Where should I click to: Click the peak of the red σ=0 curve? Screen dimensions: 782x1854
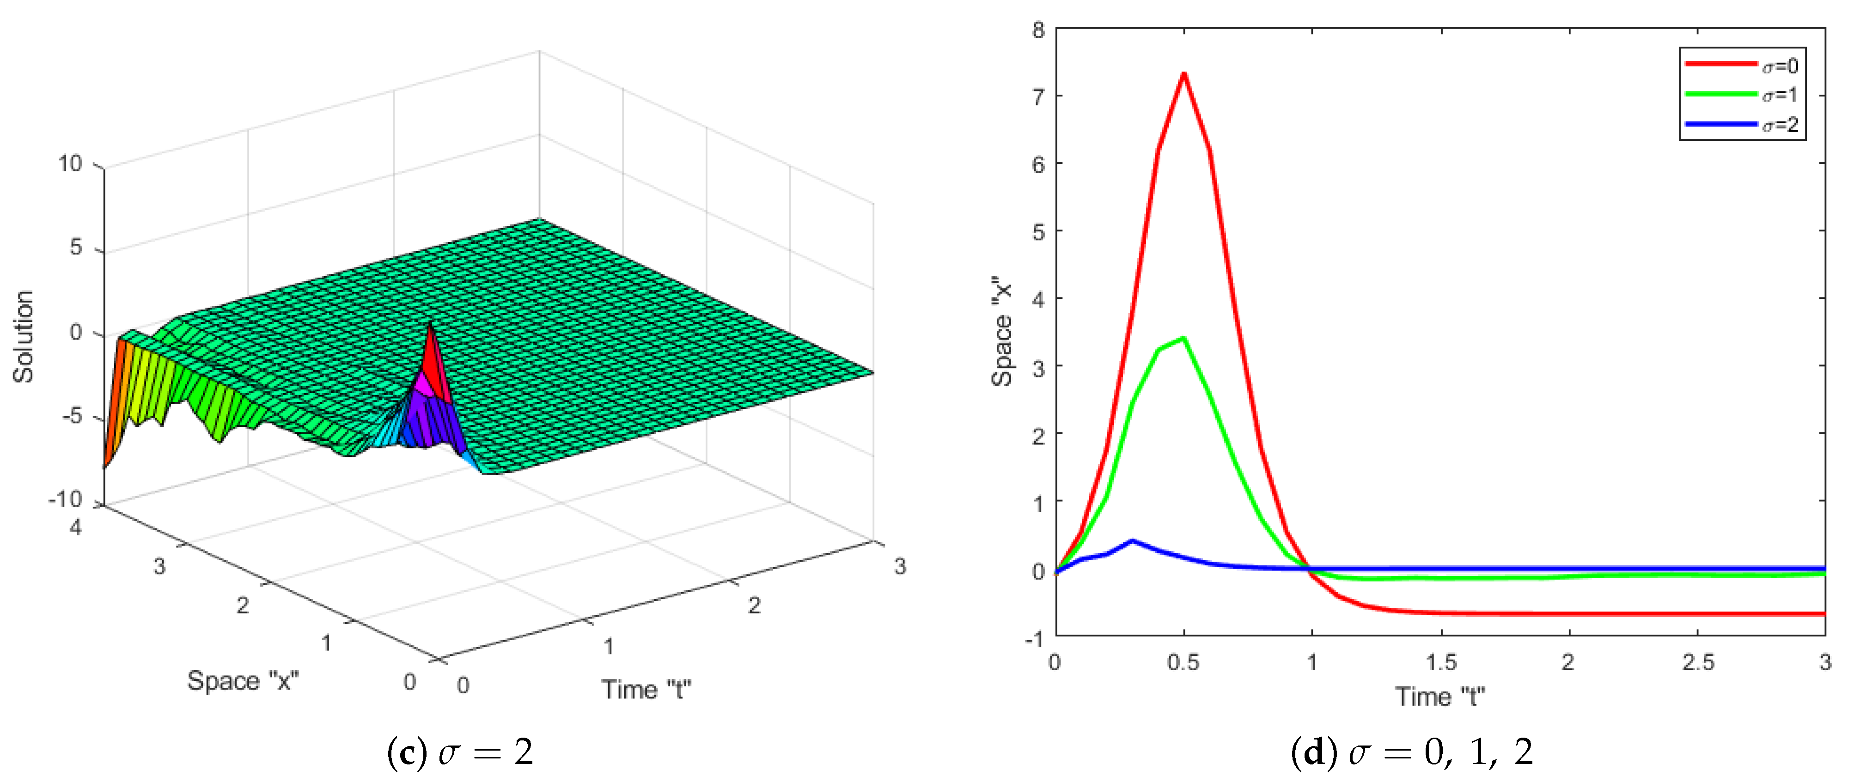[x=1183, y=74]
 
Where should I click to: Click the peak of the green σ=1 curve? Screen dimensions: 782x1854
[x=1183, y=338]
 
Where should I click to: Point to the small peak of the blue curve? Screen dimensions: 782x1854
[x=1133, y=541]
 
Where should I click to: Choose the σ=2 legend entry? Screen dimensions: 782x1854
[x=1742, y=124]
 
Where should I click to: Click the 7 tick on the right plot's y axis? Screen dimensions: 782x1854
[x=1038, y=97]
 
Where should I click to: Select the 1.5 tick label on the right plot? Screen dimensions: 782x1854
[x=1441, y=662]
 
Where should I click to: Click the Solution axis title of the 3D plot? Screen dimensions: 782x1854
[x=24, y=336]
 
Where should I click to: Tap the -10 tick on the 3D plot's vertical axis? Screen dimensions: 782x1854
[x=66, y=498]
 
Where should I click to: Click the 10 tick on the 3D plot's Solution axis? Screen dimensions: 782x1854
[x=71, y=164]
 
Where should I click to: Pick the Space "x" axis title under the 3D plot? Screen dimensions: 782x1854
[x=243, y=680]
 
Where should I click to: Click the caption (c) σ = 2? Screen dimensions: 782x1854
[x=461, y=752]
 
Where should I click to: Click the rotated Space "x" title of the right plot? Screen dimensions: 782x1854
[x=1002, y=331]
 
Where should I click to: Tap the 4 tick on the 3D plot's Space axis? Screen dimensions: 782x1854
[x=76, y=527]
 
